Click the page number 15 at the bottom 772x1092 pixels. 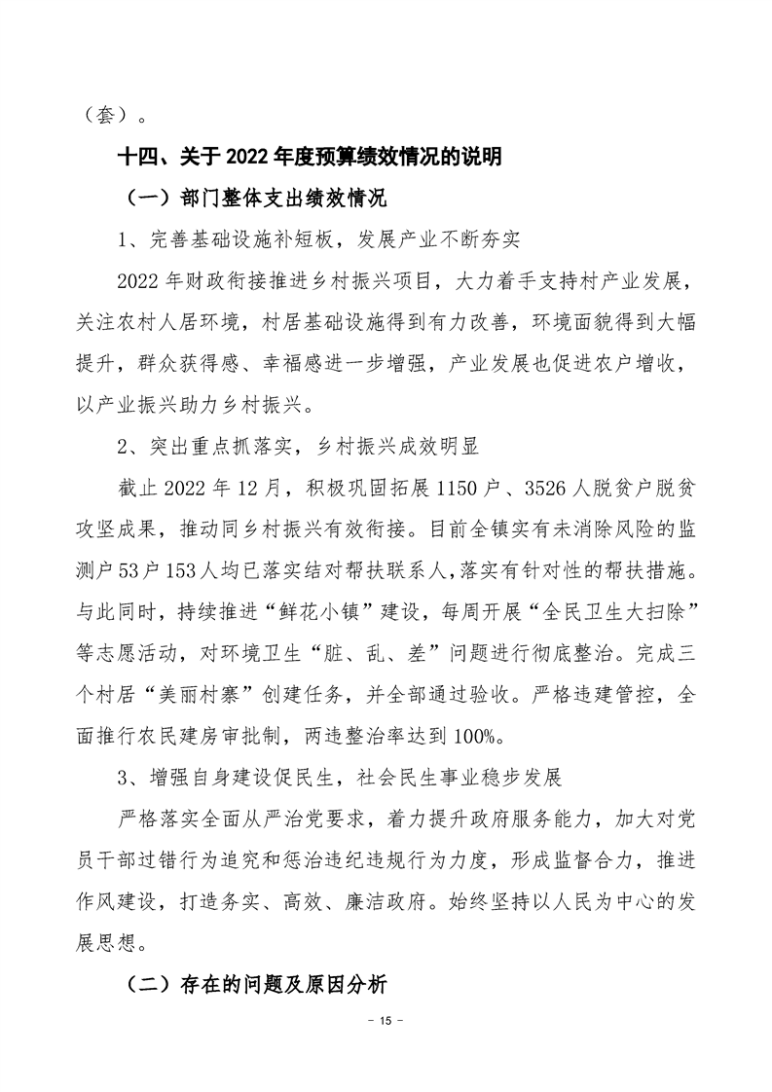386,1021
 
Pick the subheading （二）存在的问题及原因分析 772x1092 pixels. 257,985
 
